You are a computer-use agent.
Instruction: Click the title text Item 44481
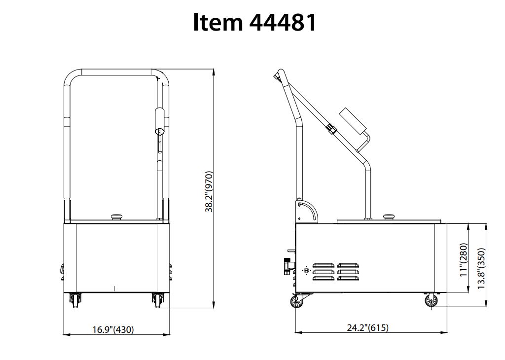point(254,22)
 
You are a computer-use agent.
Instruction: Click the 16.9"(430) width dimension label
point(113,329)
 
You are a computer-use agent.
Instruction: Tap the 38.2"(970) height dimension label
point(209,192)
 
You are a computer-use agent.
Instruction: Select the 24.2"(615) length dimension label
point(368,327)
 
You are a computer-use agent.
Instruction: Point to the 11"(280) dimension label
point(464,260)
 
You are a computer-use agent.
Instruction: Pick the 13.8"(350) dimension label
point(481,269)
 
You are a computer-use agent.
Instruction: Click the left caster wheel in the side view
point(296,302)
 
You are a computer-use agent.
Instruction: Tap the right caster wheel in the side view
point(431,301)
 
